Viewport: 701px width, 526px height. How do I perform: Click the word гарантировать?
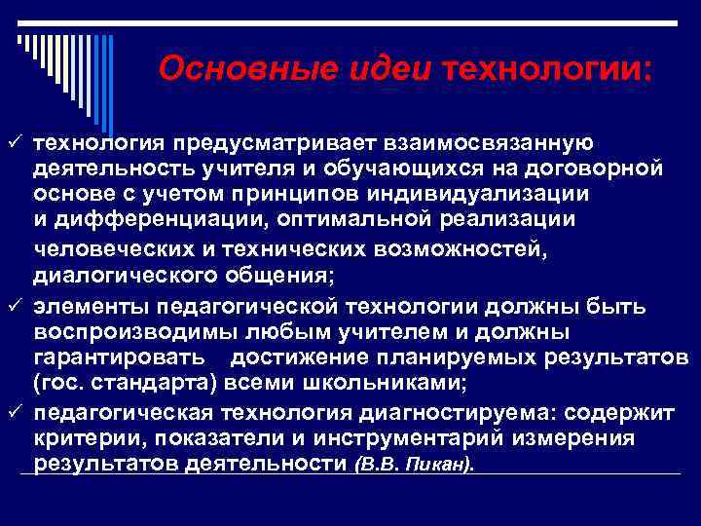click(x=119, y=357)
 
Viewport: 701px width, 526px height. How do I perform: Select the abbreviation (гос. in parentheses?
click(x=60, y=383)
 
